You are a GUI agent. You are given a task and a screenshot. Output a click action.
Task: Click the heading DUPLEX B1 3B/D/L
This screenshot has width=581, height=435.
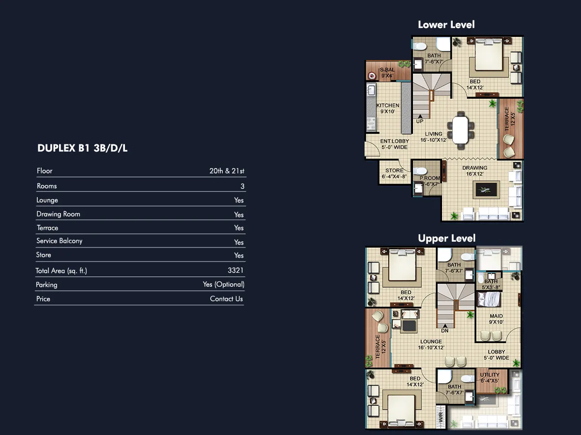click(82, 148)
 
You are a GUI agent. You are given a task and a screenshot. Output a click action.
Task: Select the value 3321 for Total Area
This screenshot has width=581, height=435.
click(235, 270)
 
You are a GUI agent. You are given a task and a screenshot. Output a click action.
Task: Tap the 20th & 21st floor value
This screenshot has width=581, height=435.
click(227, 171)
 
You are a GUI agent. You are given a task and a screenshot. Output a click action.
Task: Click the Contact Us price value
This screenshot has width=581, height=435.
click(226, 299)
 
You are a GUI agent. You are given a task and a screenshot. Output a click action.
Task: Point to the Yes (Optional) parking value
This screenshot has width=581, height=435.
click(223, 284)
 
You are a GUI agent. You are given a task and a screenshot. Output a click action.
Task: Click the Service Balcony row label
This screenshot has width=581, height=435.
click(59, 241)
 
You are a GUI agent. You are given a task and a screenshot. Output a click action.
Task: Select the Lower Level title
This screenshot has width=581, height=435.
click(446, 25)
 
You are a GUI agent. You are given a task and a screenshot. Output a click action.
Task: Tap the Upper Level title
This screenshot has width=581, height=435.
click(447, 238)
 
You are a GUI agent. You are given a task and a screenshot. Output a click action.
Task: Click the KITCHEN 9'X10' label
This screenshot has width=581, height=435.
click(388, 109)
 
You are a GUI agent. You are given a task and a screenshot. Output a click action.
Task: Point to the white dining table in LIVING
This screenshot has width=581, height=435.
click(460, 130)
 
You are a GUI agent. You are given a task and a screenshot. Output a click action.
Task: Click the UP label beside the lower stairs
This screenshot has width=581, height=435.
click(420, 121)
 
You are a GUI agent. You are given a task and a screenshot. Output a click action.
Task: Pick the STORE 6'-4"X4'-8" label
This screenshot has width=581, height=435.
click(394, 173)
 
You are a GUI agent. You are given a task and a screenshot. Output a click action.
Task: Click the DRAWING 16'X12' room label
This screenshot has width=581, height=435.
click(474, 171)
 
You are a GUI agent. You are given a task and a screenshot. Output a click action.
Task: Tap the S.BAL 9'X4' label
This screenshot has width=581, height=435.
click(387, 73)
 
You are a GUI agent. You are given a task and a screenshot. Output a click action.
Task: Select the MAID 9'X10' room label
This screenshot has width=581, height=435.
click(496, 319)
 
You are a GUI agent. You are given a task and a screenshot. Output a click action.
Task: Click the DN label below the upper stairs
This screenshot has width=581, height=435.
click(444, 331)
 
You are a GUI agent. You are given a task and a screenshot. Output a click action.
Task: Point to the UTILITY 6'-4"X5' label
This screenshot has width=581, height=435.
click(489, 378)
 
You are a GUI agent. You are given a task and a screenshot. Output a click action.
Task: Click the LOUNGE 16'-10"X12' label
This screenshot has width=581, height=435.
click(431, 344)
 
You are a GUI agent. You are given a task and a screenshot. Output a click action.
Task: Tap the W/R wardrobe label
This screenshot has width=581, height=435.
click(441, 418)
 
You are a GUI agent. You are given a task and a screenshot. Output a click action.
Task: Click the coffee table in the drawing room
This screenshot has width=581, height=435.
click(486, 189)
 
